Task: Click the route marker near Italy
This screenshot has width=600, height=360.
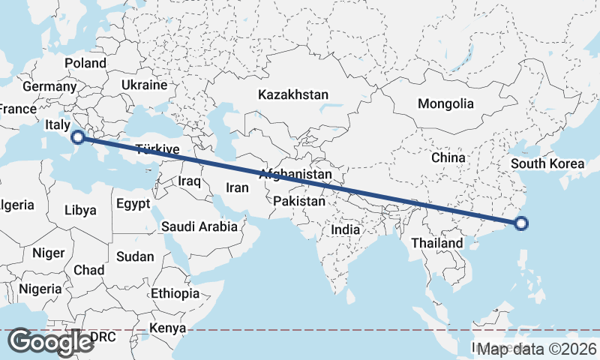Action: (77, 136)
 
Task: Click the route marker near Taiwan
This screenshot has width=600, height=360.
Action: (522, 222)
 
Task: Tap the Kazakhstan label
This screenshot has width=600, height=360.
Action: (293, 95)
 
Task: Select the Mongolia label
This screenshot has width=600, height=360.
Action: (446, 103)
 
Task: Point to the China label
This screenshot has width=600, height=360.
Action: (448, 158)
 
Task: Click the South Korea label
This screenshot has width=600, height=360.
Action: (547, 163)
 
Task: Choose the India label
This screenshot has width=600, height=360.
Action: (346, 230)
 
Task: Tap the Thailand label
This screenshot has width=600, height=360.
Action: (436, 244)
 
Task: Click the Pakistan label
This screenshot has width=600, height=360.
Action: (299, 201)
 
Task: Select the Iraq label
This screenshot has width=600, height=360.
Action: (188, 181)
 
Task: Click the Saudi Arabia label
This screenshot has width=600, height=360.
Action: (199, 226)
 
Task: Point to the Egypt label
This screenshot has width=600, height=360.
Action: (133, 203)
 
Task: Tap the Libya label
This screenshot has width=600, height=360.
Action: (80, 210)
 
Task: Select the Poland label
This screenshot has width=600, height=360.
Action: (85, 64)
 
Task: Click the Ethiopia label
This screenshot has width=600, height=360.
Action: (175, 293)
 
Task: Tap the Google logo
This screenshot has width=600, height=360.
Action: (50, 342)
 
